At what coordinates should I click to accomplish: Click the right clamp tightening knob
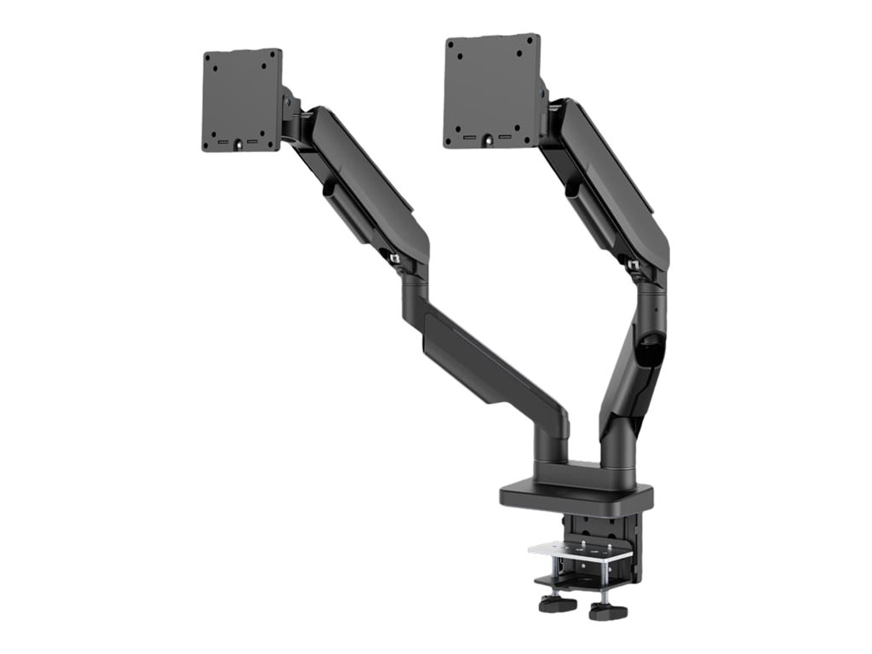[607, 611]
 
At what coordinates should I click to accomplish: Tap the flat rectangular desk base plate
[576, 495]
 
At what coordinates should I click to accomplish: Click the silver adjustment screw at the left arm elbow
[394, 255]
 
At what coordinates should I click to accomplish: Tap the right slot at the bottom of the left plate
[253, 141]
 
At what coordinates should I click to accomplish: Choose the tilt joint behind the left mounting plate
[292, 115]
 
